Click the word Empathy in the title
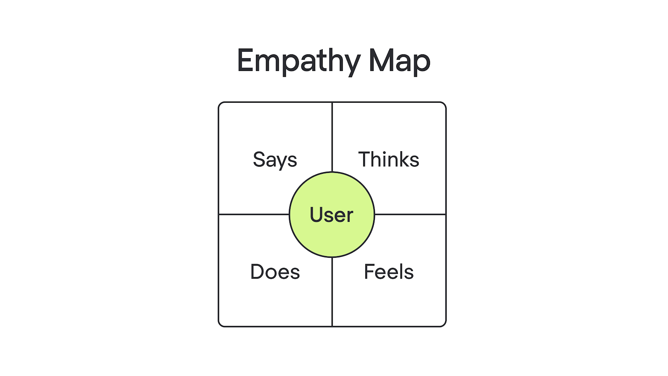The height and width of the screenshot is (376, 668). [299, 61]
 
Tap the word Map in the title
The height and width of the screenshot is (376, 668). [399, 61]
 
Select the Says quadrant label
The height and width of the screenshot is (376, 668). [275, 160]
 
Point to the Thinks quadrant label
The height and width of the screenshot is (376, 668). [389, 159]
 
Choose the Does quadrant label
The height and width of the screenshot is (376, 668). [275, 272]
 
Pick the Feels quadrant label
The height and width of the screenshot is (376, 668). [389, 272]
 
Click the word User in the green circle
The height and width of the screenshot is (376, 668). [331, 215]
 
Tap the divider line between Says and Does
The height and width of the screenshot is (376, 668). [254, 214]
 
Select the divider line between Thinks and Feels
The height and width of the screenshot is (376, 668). [410, 214]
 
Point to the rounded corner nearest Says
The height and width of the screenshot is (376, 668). [220, 104]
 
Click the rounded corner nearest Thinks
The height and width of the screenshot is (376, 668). [444, 104]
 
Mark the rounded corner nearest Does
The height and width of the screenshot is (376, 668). [220, 324]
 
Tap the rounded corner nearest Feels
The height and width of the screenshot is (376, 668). [444, 324]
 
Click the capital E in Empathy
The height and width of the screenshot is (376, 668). [245, 60]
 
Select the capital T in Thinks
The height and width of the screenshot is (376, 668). [365, 159]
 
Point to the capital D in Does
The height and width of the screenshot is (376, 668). [258, 272]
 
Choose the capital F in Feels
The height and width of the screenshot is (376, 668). [370, 272]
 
